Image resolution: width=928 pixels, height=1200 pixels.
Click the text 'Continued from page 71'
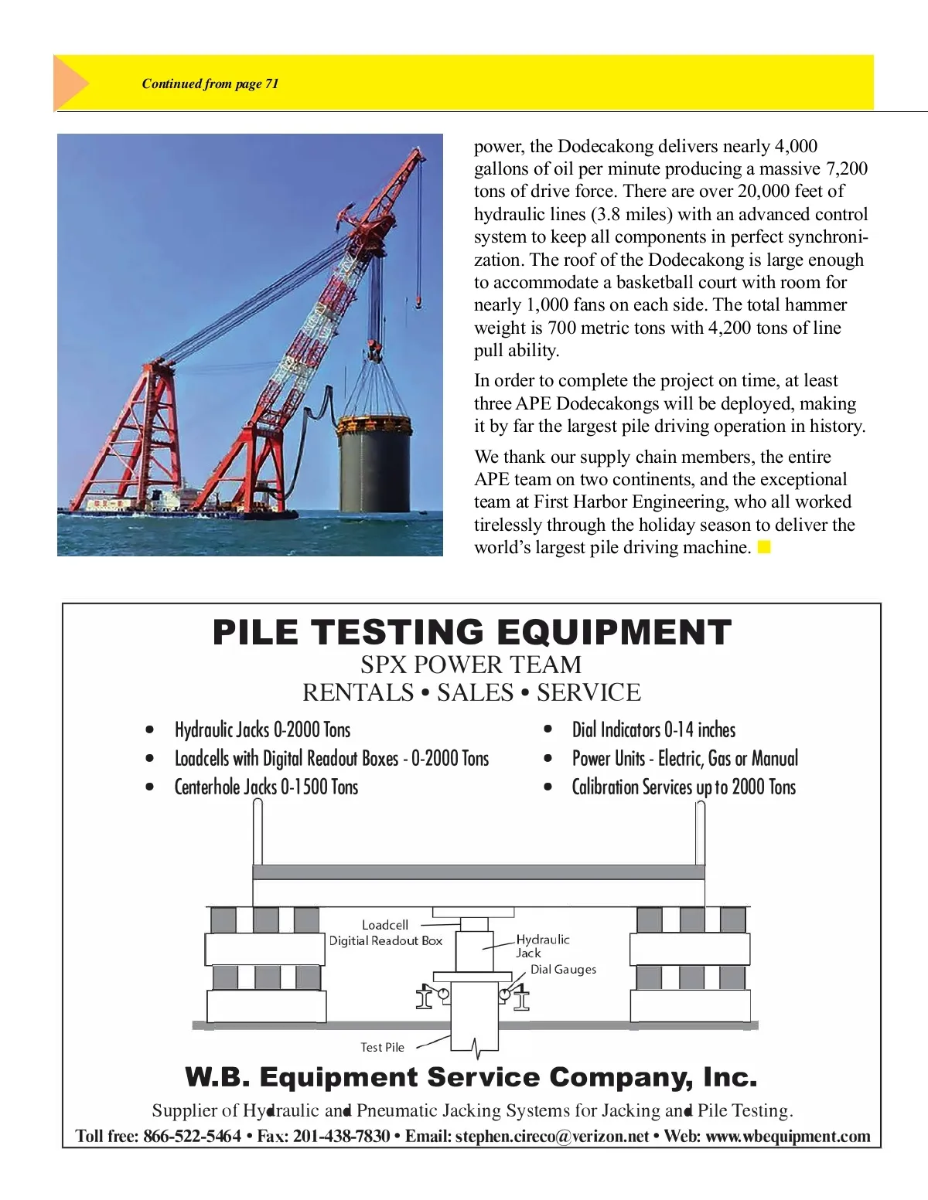click(210, 83)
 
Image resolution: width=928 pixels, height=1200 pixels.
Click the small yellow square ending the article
click(764, 548)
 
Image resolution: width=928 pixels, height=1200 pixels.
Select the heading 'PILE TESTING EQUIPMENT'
click(472, 632)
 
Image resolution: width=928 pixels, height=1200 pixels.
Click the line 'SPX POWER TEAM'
click(471, 665)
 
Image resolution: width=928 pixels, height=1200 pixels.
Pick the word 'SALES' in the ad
click(475, 692)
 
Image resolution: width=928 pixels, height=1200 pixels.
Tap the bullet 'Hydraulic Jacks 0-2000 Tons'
click(262, 730)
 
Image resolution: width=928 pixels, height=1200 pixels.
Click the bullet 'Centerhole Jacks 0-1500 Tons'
click(266, 787)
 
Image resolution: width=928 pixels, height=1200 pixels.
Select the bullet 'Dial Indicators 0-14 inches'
click(653, 730)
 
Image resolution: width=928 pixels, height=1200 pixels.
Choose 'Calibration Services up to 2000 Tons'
click(684, 787)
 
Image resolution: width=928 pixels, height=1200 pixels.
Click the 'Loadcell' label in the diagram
click(384, 925)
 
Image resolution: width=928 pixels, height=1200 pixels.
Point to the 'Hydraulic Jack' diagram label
click(542, 946)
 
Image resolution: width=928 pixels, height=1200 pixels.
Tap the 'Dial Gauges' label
click(563, 970)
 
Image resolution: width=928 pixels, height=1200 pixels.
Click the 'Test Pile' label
click(382, 1048)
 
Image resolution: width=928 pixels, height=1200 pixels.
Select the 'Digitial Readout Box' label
click(385, 940)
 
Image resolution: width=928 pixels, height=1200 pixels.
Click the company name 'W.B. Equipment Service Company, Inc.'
click(471, 1077)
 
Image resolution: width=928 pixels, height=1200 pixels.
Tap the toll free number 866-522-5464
click(192, 1137)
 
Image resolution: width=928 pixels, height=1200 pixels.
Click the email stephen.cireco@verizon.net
click(551, 1137)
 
